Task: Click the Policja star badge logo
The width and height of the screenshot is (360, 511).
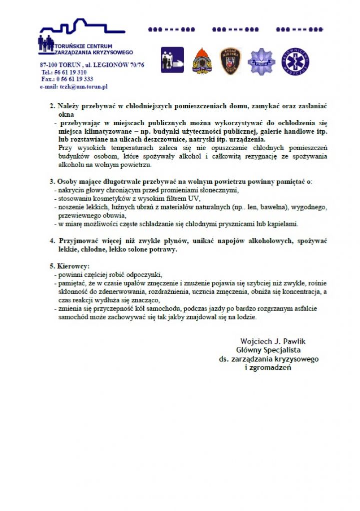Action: pyautogui.click(x=261, y=60)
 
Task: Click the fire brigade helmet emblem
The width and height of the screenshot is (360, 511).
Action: pyautogui.click(x=202, y=60)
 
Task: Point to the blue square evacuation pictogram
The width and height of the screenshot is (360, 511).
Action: pyautogui.click(x=172, y=60)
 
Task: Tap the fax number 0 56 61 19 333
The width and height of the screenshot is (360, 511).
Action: pyautogui.click(x=73, y=79)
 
